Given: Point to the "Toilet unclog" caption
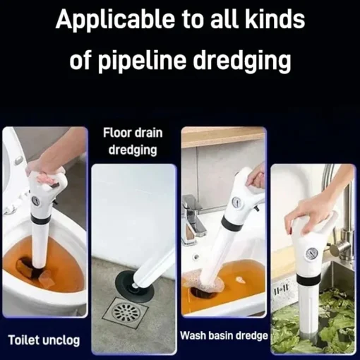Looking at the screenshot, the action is click(44, 340).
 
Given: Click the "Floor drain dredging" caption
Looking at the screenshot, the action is click(133, 141).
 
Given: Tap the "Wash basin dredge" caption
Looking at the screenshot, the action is click(224, 335).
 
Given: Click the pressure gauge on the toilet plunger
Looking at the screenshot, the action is click(35, 200).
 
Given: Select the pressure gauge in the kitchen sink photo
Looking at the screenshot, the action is click(312, 253).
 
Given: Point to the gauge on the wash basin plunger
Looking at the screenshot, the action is click(236, 201).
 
